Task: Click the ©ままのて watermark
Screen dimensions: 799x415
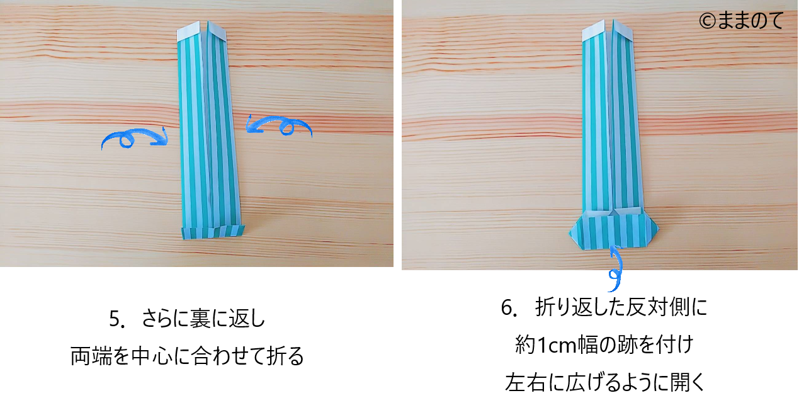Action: (x=741, y=20)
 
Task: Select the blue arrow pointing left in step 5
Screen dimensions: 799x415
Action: (x=279, y=125)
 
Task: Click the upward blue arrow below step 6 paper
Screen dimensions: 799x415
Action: (x=616, y=268)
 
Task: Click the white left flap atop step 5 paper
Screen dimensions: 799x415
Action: (x=189, y=30)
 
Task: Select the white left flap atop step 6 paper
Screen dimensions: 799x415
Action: (x=594, y=30)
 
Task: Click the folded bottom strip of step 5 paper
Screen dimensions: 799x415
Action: (x=213, y=231)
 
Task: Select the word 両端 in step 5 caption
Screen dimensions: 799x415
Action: (x=91, y=356)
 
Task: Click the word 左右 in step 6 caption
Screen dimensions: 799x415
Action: (x=525, y=382)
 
